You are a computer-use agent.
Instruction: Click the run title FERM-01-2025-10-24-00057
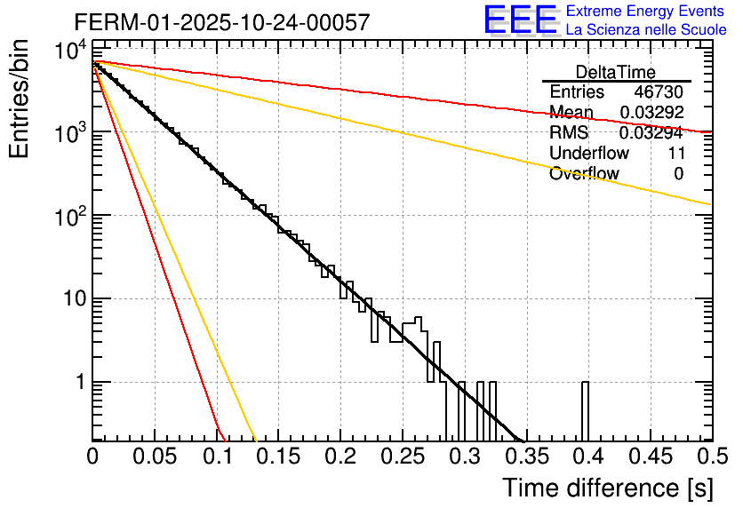click(221, 23)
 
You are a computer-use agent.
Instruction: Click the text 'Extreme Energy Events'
click(645, 12)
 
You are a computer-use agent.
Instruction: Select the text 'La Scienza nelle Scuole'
click(645, 30)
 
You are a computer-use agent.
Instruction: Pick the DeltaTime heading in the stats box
click(616, 72)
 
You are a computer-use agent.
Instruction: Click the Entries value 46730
click(659, 92)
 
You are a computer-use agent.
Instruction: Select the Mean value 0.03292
click(652, 113)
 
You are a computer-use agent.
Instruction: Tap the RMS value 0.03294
click(652, 133)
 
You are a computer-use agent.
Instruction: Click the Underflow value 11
click(675, 154)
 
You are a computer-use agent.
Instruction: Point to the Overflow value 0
click(678, 174)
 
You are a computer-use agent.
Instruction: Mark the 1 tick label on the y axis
click(78, 383)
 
